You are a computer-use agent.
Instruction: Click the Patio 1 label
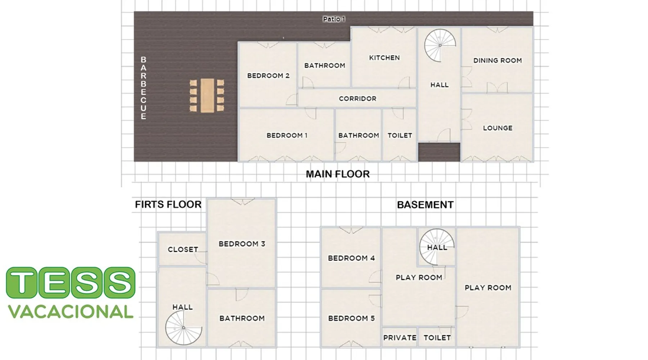tap(334, 19)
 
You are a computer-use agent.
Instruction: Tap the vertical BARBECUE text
tap(143, 88)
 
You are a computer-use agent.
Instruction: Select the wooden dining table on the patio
tap(207, 95)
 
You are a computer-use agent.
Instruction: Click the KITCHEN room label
tap(384, 58)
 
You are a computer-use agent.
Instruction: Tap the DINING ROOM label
tap(498, 60)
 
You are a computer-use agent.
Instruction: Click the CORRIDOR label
tap(357, 99)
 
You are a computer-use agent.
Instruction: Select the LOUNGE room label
tap(498, 128)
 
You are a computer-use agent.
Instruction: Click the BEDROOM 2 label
tap(268, 76)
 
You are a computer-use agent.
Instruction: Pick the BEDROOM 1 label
tap(287, 135)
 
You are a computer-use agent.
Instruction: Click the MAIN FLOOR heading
tap(338, 174)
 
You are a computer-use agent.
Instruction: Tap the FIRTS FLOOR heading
tap(168, 204)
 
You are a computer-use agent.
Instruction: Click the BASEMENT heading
tap(425, 205)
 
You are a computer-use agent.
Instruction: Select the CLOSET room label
tap(183, 249)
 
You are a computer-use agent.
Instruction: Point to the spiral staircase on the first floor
tap(184, 328)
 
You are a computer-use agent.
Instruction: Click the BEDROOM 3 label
tap(242, 244)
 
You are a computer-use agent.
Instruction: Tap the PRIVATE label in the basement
tap(400, 338)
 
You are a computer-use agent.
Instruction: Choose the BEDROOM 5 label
tap(351, 318)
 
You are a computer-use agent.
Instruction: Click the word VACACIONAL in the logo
tap(71, 312)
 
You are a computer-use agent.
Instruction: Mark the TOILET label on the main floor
tap(400, 135)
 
